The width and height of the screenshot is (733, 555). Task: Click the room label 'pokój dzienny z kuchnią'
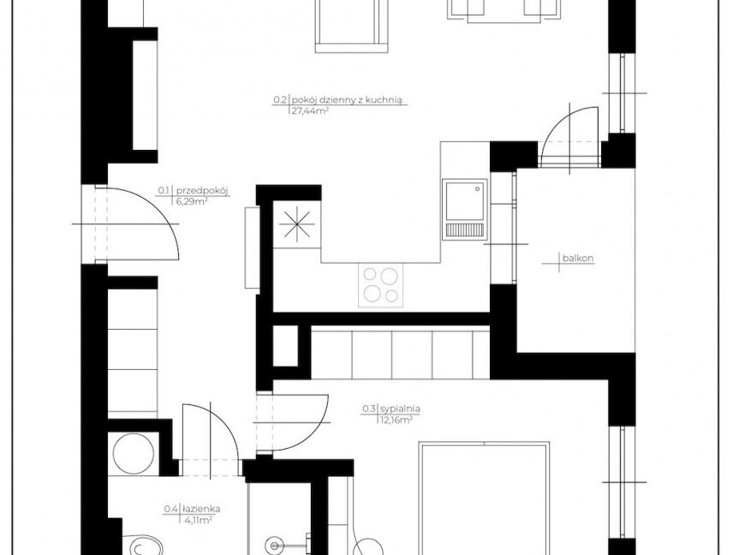[x=348, y=99]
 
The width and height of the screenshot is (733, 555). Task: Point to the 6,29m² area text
[x=192, y=201]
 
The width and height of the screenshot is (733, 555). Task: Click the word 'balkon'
[x=578, y=258]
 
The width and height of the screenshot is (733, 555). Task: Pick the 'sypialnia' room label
[x=400, y=409]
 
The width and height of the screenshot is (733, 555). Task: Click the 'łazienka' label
[x=201, y=510]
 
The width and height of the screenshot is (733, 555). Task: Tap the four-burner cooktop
[x=380, y=284]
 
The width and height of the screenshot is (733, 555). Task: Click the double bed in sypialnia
[x=485, y=498]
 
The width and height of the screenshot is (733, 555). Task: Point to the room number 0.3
[x=369, y=409]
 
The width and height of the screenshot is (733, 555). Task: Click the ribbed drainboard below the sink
[x=465, y=229]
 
